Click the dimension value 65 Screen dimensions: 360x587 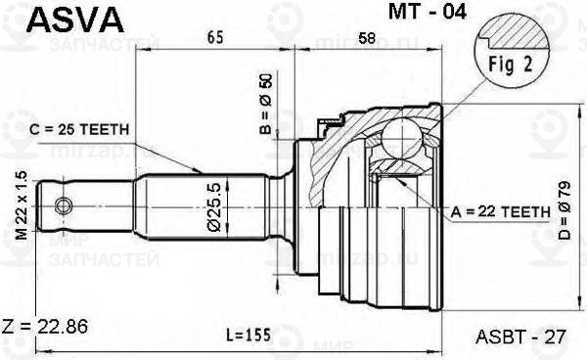[215, 40]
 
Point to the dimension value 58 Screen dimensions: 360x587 [367, 40]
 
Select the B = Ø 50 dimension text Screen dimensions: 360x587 [264, 105]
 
